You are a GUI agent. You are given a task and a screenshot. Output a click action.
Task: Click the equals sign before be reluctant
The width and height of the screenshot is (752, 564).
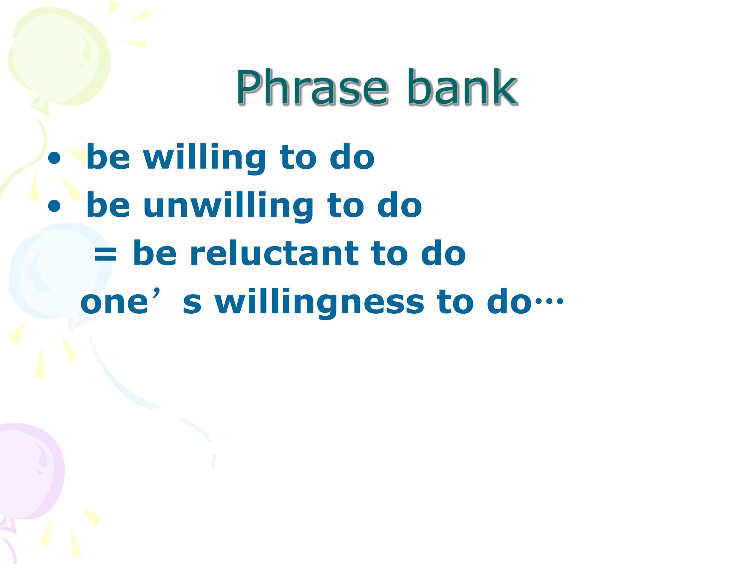point(106,255)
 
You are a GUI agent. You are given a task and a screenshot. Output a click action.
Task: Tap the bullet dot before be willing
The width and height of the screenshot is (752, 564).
point(54,159)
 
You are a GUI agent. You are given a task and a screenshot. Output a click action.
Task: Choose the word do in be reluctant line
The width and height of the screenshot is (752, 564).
point(443,253)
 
